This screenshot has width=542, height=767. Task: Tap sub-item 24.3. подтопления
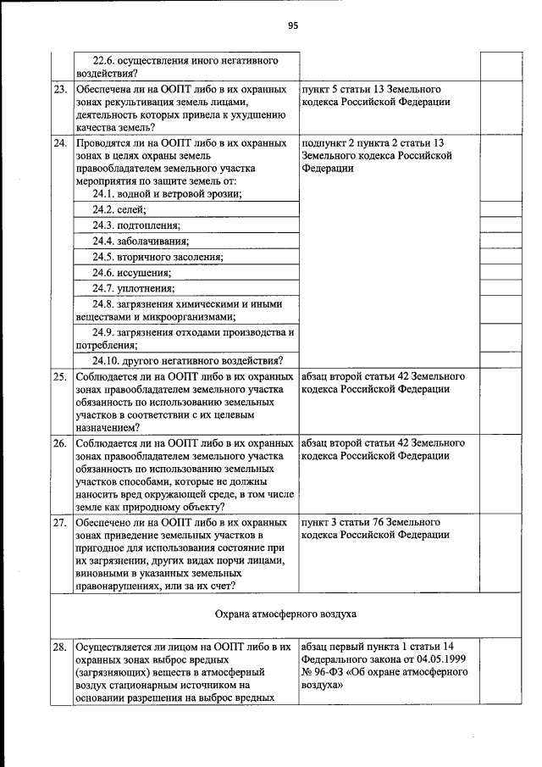click(x=136, y=225)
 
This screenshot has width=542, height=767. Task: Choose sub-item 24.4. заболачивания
click(x=141, y=242)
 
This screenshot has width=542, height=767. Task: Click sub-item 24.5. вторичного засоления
click(x=158, y=257)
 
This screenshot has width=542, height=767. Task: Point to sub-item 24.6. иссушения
click(x=132, y=273)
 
